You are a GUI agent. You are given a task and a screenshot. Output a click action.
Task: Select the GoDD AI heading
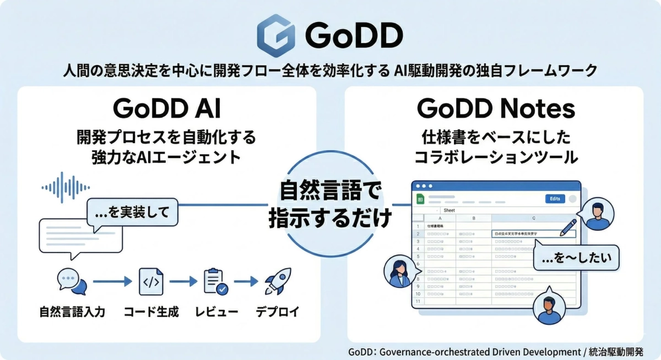click(166, 108)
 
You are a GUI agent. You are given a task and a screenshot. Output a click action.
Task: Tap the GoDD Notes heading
click(495, 108)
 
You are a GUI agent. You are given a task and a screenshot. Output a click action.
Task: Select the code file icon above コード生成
click(151, 281)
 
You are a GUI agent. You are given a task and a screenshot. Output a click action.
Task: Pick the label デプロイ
click(277, 312)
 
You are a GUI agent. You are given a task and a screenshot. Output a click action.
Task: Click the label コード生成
click(151, 312)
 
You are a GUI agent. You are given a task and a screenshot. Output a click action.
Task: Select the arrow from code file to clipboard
click(183, 281)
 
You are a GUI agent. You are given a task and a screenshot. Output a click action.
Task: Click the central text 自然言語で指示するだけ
click(330, 205)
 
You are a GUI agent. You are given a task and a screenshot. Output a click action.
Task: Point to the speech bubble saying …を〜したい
click(576, 258)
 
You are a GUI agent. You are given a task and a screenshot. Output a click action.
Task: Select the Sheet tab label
click(449, 211)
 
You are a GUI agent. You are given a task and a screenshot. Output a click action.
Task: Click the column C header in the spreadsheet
click(533, 218)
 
